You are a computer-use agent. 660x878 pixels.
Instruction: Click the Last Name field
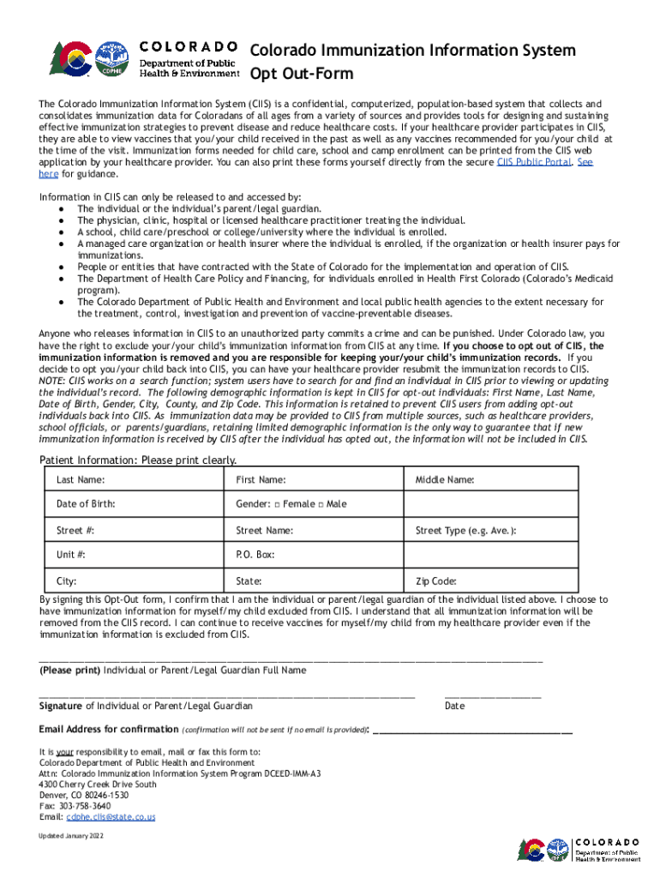pyautogui.click(x=163, y=479)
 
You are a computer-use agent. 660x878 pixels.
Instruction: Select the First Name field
pyautogui.click(x=343, y=479)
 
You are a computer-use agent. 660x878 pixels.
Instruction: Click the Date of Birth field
pyautogui.click(x=163, y=504)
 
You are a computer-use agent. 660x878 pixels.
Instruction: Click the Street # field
pyautogui.click(x=163, y=531)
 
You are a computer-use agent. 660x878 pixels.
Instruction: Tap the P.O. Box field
pyautogui.click(x=343, y=555)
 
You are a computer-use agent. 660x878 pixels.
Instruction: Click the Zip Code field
pyautogui.click(x=531, y=580)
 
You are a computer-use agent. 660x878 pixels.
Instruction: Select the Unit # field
pyautogui.click(x=163, y=555)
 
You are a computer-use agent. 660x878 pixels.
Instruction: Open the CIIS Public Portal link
pyautogui.click(x=534, y=161)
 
